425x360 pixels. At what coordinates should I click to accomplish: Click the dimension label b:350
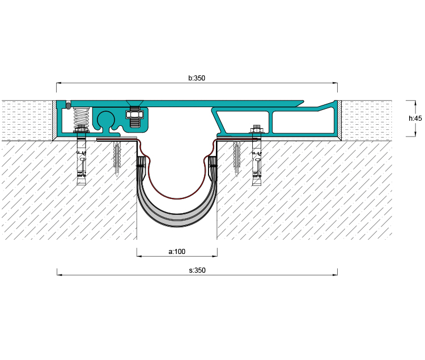[x=197, y=78]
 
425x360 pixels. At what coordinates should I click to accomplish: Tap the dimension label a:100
[x=177, y=252]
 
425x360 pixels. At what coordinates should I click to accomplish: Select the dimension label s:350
[x=197, y=270]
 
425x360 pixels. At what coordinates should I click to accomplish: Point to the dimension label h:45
[x=415, y=118]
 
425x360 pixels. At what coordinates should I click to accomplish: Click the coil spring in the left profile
[x=81, y=117]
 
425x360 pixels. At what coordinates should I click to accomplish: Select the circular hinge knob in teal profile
[x=106, y=119]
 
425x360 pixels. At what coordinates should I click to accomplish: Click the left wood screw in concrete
[x=117, y=159]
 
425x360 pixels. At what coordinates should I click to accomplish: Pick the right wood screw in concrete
[x=237, y=158]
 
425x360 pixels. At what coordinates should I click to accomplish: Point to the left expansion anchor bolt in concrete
[x=81, y=162]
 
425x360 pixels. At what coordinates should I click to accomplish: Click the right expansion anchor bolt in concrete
[x=256, y=163]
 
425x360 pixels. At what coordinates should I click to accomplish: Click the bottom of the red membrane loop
[x=177, y=198]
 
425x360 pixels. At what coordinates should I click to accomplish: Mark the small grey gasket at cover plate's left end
[x=68, y=105]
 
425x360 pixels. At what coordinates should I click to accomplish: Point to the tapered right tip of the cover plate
[x=303, y=102]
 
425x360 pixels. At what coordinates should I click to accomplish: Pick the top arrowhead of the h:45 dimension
[x=415, y=103]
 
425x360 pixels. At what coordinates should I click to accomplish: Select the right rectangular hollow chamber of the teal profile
[x=303, y=122]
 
